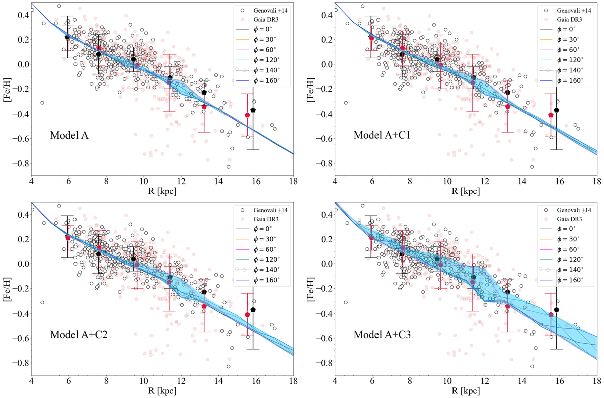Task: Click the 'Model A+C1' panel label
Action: click(x=380, y=135)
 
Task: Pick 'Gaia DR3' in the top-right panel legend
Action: click(x=569, y=20)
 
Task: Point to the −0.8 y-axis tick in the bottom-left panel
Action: click(x=20, y=363)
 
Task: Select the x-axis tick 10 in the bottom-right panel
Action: click(x=447, y=382)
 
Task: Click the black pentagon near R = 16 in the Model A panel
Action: click(x=253, y=110)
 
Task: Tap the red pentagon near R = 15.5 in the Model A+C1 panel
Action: click(x=551, y=115)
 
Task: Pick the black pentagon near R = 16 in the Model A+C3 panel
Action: click(x=556, y=309)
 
